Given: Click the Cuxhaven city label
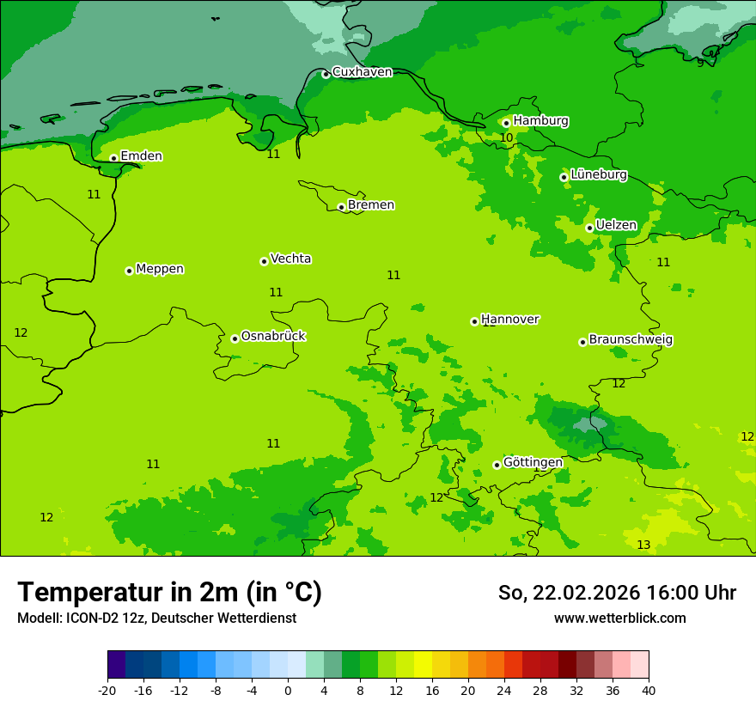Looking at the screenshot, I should [x=362, y=72].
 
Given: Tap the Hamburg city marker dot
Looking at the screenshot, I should [x=506, y=123].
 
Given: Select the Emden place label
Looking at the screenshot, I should [x=141, y=156].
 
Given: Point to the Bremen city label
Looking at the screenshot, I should [x=371, y=205].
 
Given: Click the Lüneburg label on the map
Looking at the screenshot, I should [x=599, y=175].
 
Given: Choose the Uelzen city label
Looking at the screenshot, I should [x=616, y=226].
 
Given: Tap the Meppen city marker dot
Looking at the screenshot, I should [x=129, y=271].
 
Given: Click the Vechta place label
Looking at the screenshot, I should [x=290, y=259].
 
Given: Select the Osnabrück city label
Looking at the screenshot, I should [x=273, y=336].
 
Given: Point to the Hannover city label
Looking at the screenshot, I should [x=510, y=320].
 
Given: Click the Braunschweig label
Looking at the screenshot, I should [x=631, y=340].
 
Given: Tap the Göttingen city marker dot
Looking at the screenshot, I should [x=497, y=465].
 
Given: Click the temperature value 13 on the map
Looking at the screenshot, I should [x=643, y=545].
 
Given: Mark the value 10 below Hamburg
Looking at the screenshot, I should [x=507, y=138].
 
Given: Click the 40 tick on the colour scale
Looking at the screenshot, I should [x=649, y=691].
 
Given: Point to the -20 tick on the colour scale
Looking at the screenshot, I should [x=107, y=691].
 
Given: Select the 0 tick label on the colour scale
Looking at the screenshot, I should [x=288, y=691].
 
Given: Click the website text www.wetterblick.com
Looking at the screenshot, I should [x=619, y=619].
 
